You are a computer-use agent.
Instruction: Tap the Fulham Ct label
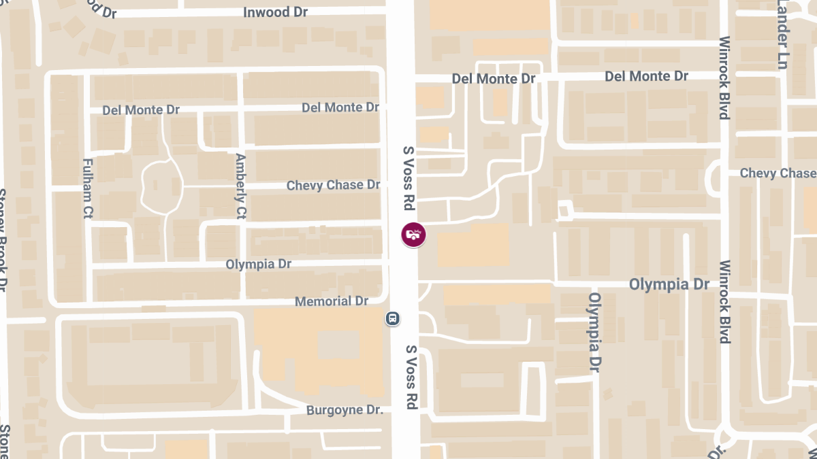pyautogui.click(x=87, y=188)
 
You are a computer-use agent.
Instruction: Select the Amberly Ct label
pyautogui.click(x=240, y=186)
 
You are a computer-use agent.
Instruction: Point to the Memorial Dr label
pyautogui.click(x=331, y=301)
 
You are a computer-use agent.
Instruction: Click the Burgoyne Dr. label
pyautogui.click(x=345, y=410)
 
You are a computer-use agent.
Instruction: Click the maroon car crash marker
pyautogui.click(x=413, y=235)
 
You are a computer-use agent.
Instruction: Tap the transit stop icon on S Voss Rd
pyautogui.click(x=392, y=318)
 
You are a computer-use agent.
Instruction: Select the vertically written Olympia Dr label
pyautogui.click(x=595, y=330)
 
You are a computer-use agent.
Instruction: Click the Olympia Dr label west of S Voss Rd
pyautogui.click(x=259, y=264)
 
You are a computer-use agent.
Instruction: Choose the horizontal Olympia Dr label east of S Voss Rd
pyautogui.click(x=669, y=284)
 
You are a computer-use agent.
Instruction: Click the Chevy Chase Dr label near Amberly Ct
pyautogui.click(x=333, y=185)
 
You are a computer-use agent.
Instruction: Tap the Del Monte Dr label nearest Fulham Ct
pyautogui.click(x=141, y=109)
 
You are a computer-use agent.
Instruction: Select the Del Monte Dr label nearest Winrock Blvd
pyautogui.click(x=646, y=77)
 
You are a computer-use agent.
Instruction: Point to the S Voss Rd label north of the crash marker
pyautogui.click(x=408, y=177)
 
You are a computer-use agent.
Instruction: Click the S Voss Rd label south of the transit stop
pyautogui.click(x=411, y=377)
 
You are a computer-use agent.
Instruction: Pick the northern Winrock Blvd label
pyautogui.click(x=724, y=77)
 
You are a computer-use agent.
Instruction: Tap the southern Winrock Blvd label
pyautogui.click(x=724, y=301)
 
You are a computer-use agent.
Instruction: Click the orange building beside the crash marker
pyautogui.click(x=472, y=245)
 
